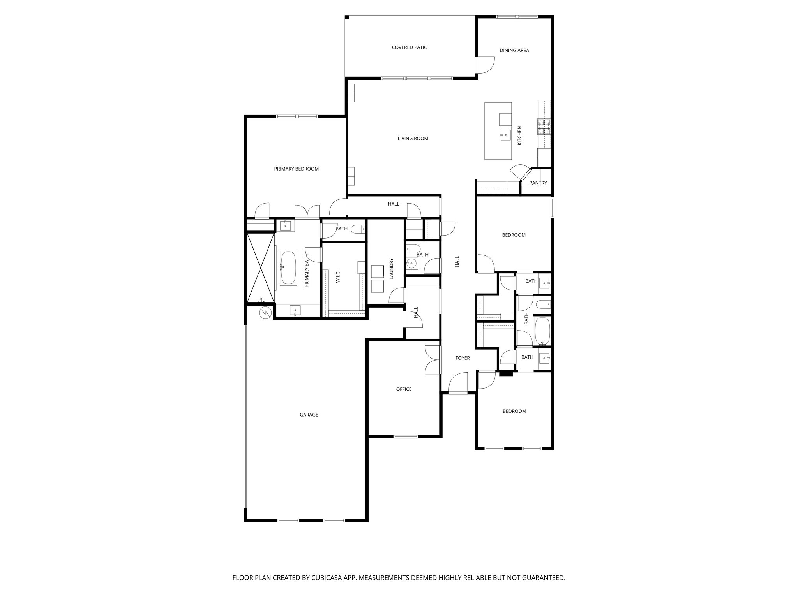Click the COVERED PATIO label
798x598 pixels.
pyautogui.click(x=410, y=47)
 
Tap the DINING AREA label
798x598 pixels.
pyautogui.click(x=514, y=50)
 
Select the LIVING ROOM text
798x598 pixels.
pyautogui.click(x=413, y=139)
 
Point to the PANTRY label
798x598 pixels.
pyautogui.click(x=538, y=183)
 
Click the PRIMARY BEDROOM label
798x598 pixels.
pyautogui.click(x=296, y=169)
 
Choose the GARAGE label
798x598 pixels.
pyautogui.click(x=309, y=415)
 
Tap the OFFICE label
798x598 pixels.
pyautogui.click(x=404, y=389)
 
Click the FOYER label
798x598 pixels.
pyautogui.click(x=463, y=358)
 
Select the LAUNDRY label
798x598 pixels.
pyautogui.click(x=392, y=269)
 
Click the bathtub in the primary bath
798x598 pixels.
pyautogui.click(x=288, y=267)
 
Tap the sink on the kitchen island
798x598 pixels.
pyautogui.click(x=505, y=135)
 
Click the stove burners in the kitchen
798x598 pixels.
pyautogui.click(x=544, y=127)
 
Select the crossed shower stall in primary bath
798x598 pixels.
pyautogui.click(x=261, y=267)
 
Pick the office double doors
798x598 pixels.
pyautogui.click(x=433, y=360)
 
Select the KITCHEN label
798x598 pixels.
pyautogui.click(x=519, y=136)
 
